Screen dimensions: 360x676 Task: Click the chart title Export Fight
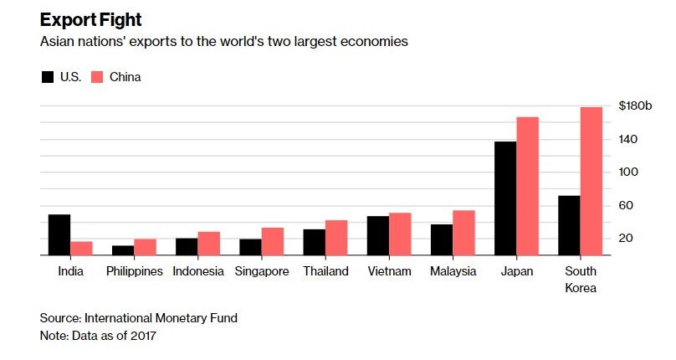click(x=91, y=19)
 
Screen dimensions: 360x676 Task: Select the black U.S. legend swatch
click(x=48, y=77)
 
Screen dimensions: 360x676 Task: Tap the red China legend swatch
click(x=96, y=77)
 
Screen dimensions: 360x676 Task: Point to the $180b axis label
click(x=635, y=105)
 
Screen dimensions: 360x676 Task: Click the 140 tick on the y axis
click(x=628, y=139)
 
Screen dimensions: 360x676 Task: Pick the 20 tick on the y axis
click(x=627, y=239)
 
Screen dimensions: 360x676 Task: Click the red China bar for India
click(x=81, y=248)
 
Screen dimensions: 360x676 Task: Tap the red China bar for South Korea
click(x=591, y=181)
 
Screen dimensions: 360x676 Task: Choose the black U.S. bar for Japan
click(x=505, y=198)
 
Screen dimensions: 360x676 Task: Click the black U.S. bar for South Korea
click(x=569, y=225)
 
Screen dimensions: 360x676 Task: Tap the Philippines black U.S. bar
click(x=123, y=250)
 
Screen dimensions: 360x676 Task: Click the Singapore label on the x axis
click(x=262, y=271)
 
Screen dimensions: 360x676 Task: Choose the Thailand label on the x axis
click(x=325, y=271)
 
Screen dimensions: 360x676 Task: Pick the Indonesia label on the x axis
click(x=198, y=271)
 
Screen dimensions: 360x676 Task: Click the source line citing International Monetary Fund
click(x=139, y=318)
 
